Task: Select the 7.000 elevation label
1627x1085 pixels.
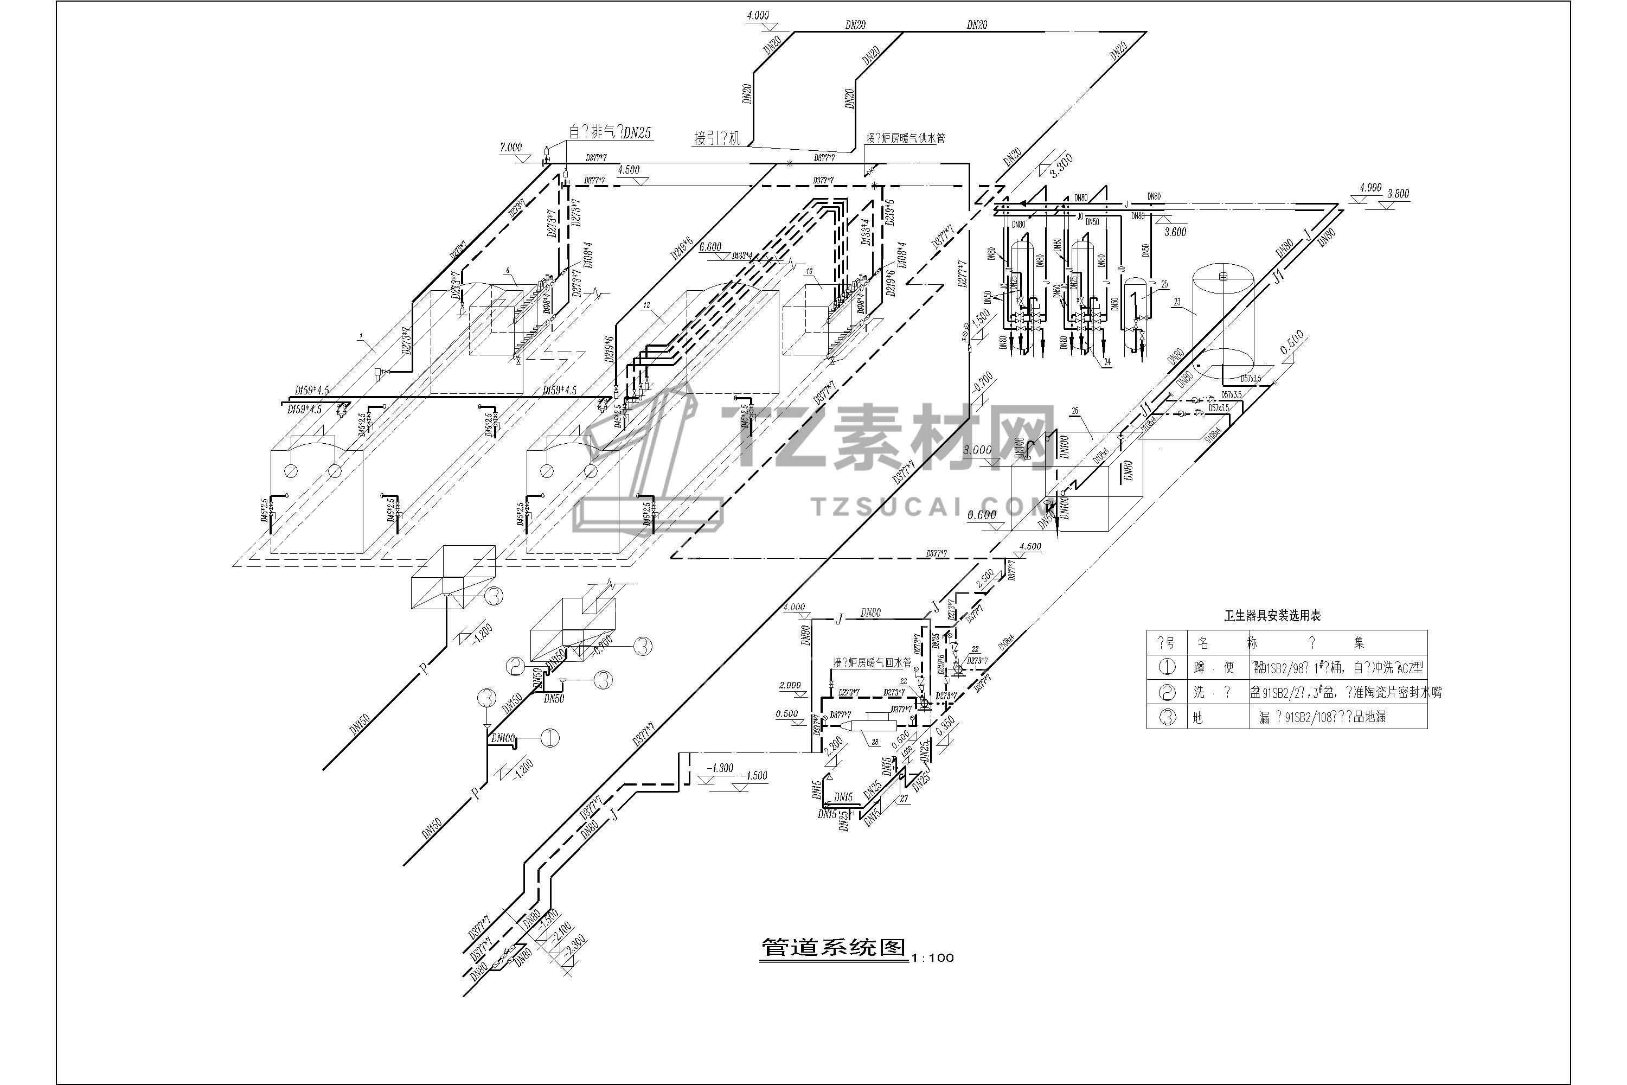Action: pyautogui.click(x=510, y=148)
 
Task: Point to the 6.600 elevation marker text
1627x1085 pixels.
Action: pyautogui.click(x=710, y=247)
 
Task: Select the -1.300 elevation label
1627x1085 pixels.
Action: pyautogui.click(x=720, y=768)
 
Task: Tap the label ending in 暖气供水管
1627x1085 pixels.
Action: pyautogui.click(x=906, y=138)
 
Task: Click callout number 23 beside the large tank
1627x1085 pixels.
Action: pyautogui.click(x=1177, y=302)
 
